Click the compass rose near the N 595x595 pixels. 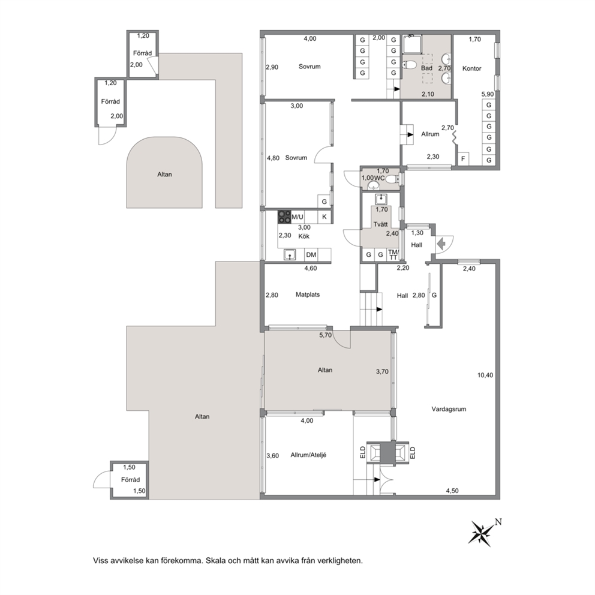pyautogui.click(x=481, y=533)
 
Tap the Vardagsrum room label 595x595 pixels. pyautogui.click(x=449, y=409)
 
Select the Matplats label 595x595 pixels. pyautogui.click(x=308, y=295)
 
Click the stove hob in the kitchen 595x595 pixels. pyautogui.click(x=284, y=217)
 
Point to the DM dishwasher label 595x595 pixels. pyautogui.click(x=311, y=255)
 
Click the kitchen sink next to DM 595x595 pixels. pyautogui.click(x=291, y=255)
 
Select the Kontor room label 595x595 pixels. pyautogui.click(x=471, y=68)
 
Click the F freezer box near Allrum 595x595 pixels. pyautogui.click(x=463, y=159)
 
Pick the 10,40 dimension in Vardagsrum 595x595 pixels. pyautogui.click(x=485, y=375)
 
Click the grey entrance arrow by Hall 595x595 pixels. pyautogui.click(x=441, y=244)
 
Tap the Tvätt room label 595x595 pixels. pyautogui.click(x=380, y=224)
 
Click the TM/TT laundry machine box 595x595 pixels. pyautogui.click(x=393, y=255)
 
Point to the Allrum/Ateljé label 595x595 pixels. pyautogui.click(x=308, y=455)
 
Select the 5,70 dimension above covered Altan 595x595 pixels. pyautogui.click(x=325, y=335)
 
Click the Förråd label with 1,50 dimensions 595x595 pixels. pyautogui.click(x=130, y=479)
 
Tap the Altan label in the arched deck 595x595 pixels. pyautogui.click(x=164, y=175)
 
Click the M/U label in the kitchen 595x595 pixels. pyautogui.click(x=297, y=217)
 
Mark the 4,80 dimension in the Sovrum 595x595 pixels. pyautogui.click(x=274, y=158)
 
